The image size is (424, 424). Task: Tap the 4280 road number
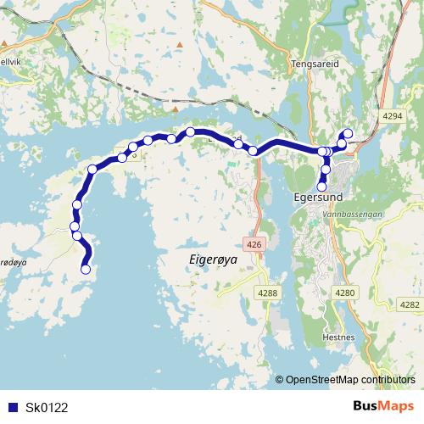click(x=346, y=293)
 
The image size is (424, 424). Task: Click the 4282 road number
click(x=409, y=304)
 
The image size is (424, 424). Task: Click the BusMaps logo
click(x=383, y=406)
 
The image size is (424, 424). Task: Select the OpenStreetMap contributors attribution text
click(x=349, y=379)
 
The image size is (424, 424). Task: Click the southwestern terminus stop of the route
click(x=85, y=270)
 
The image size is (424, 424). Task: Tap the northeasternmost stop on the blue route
click(x=346, y=133)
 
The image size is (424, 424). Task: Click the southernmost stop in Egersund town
click(x=321, y=187)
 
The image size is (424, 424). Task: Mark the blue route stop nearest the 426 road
click(x=253, y=151)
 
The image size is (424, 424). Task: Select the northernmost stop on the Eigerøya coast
click(x=191, y=131)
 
